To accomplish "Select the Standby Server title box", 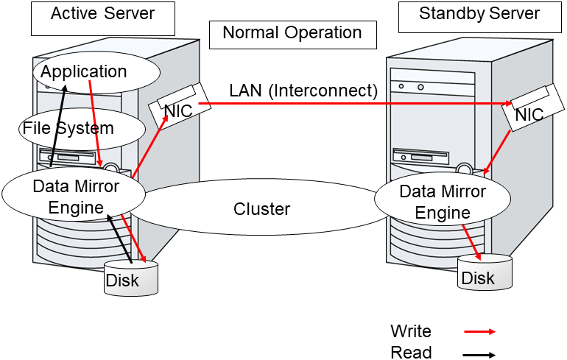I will (479, 16).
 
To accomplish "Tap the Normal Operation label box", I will (292, 33).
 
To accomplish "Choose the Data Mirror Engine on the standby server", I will (442, 202).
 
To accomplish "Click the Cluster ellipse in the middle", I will (261, 209).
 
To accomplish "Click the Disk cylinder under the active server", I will (131, 278).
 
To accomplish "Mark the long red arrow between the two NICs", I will (353, 104).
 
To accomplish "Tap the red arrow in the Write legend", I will (479, 332).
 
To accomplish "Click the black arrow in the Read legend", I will (479, 354).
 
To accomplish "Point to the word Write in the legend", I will (410, 331).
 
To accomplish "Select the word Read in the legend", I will (411, 353).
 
